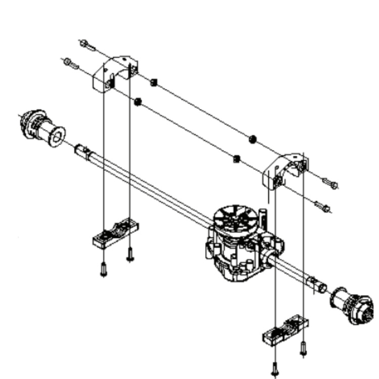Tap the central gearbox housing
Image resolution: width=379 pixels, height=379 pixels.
(238, 248)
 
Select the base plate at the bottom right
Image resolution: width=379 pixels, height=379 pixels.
(286, 329)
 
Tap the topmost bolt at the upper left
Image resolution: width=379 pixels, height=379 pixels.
(86, 45)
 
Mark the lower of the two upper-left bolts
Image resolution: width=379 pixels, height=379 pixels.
(71, 63)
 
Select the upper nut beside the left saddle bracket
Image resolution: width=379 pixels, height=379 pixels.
(155, 82)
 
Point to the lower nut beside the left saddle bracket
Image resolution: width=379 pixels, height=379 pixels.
(137, 102)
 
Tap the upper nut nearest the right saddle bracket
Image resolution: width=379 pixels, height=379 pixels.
(253, 139)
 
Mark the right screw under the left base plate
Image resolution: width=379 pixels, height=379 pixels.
(130, 255)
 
